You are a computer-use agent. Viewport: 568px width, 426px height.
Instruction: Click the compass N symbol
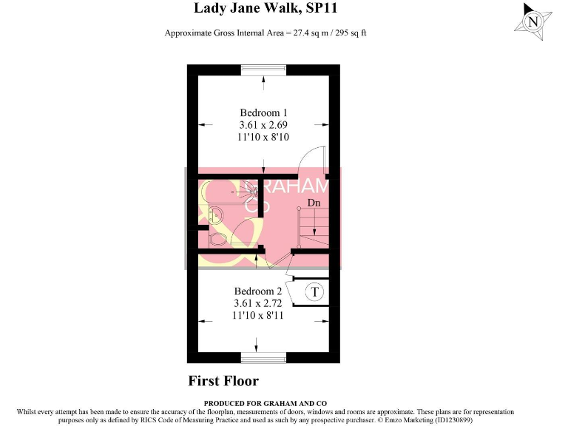coord(532,22)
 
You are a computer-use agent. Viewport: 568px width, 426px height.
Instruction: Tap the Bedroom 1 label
coord(263,112)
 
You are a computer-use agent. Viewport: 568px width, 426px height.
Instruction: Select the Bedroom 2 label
coord(258,291)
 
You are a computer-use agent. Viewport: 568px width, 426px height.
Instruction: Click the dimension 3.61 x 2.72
coord(258,303)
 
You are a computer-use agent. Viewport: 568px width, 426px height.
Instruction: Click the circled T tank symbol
coord(315,292)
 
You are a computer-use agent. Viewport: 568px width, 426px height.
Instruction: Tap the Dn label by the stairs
coord(314,202)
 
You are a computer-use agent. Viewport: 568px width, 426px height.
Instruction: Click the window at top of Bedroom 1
coord(263,69)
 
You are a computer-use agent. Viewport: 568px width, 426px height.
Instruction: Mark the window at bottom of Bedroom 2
coord(263,358)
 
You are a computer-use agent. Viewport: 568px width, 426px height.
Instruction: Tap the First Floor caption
coord(223,381)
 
